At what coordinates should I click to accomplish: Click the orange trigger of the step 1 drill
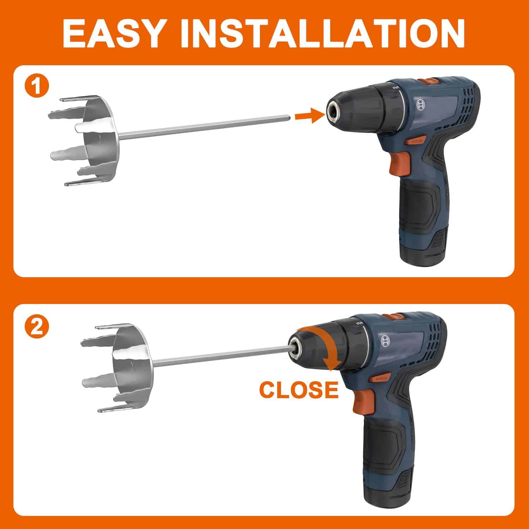[x=399, y=162]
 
